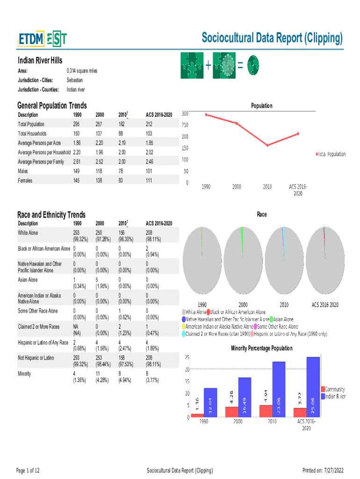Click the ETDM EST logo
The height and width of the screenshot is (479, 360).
coord(42,39)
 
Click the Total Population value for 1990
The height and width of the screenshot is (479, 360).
coord(77,124)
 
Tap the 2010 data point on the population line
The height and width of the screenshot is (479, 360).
coord(267,145)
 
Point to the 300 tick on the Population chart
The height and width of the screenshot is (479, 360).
coord(185,113)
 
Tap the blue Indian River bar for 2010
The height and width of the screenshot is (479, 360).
coord(279,389)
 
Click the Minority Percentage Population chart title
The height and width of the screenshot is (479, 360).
coord(262,348)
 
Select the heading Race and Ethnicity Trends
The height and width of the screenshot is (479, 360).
coord(51,215)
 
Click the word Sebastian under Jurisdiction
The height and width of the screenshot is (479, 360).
coord(75,80)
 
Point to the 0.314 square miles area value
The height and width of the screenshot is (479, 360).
coord(82,71)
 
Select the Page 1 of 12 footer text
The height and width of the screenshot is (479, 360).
coord(28,470)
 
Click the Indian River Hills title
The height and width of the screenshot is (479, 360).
coord(40,60)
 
